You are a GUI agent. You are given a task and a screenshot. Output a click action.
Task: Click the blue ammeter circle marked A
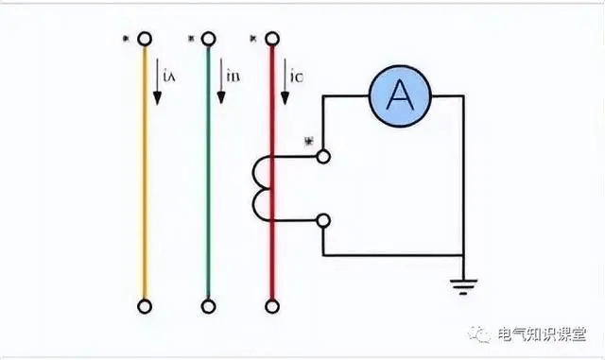pyautogui.click(x=402, y=94)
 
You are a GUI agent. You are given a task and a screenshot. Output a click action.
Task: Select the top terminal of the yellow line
pyautogui.click(x=145, y=40)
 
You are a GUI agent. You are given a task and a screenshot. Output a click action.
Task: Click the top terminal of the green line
pyautogui.click(x=209, y=40)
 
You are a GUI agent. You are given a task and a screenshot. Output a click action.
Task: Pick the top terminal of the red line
pyautogui.click(x=272, y=40)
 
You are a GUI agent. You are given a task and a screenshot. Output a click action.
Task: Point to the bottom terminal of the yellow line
pyautogui.click(x=145, y=306)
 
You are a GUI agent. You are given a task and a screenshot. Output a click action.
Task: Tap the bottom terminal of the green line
pyautogui.click(x=209, y=306)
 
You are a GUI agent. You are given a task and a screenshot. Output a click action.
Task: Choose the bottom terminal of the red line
pyautogui.click(x=272, y=306)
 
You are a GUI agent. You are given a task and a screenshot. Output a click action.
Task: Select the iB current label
pyautogui.click(x=233, y=75)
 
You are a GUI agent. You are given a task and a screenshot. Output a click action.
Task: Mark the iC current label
pyautogui.click(x=297, y=75)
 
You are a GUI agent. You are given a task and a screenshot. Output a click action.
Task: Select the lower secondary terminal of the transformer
pyautogui.click(x=323, y=220)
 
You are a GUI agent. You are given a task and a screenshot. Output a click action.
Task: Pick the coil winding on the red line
pyautogui.click(x=261, y=187)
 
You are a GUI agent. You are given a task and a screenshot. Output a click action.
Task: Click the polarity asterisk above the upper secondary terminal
pyautogui.click(x=308, y=141)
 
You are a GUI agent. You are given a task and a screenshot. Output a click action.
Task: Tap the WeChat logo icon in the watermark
pyautogui.click(x=484, y=334)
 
